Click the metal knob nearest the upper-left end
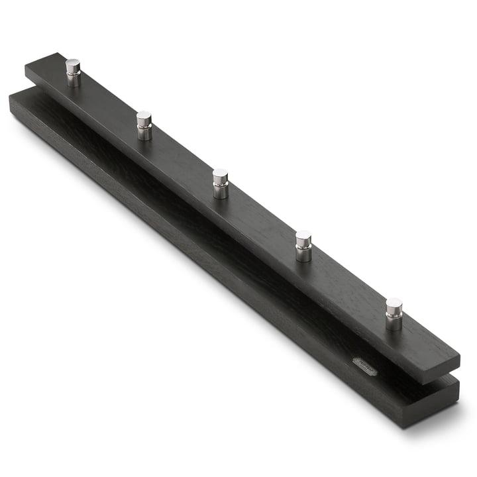click(x=73, y=72)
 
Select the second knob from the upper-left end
click(x=144, y=125)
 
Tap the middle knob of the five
click(x=221, y=183)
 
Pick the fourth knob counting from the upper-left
click(x=303, y=245)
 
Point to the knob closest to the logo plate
click(x=394, y=313)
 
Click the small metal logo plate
click(x=364, y=366)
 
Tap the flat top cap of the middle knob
click(x=221, y=174)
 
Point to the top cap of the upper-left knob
click(x=73, y=64)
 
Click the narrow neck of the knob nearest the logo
click(x=394, y=323)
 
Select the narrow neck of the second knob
click(x=144, y=133)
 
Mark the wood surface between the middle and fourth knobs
click(x=262, y=222)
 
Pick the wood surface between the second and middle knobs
click(x=182, y=161)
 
